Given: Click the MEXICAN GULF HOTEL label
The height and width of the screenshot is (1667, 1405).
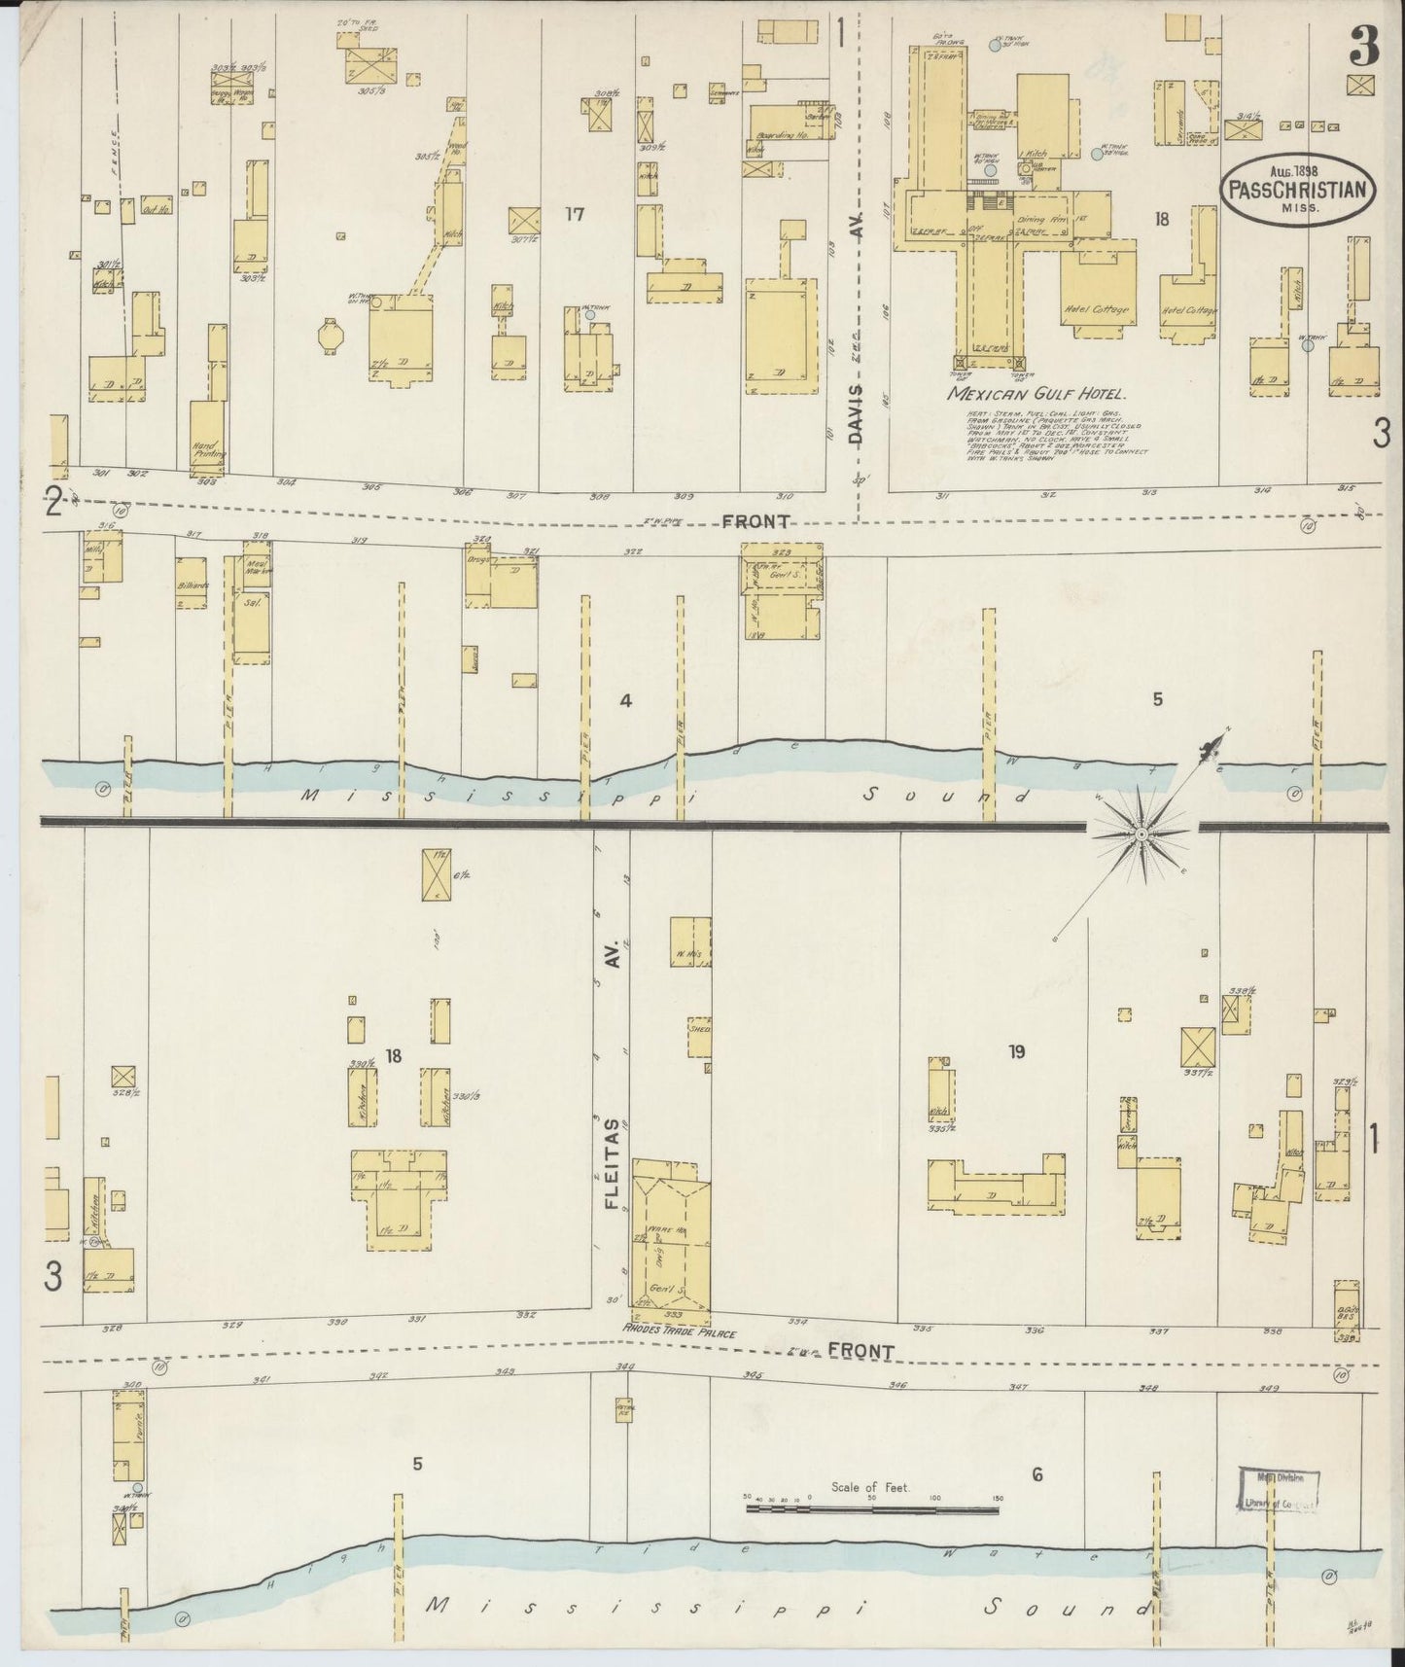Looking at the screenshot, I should click(1036, 395).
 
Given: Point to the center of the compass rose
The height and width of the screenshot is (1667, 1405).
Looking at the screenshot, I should click(1141, 834).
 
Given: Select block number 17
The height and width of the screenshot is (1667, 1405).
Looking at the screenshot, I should click(575, 214).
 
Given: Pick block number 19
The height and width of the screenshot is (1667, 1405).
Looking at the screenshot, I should click(1017, 1050).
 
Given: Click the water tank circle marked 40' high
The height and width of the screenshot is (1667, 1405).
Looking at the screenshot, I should click(989, 169).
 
